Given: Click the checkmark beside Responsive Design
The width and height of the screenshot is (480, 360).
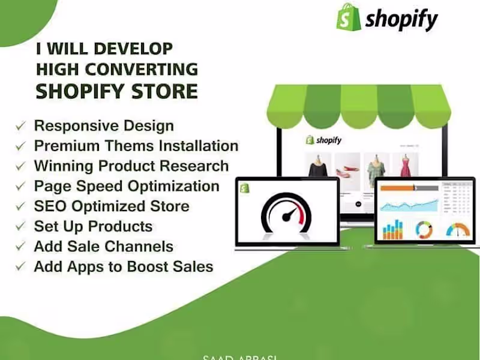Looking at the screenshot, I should click(21, 127).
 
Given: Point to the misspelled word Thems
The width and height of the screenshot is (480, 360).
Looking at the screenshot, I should click(121, 146).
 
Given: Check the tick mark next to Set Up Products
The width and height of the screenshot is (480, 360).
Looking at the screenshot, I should click(21, 227).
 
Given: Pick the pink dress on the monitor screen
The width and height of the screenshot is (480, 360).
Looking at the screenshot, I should click(404, 165).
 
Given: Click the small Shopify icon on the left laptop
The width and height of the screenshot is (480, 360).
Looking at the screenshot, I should click(245, 188).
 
